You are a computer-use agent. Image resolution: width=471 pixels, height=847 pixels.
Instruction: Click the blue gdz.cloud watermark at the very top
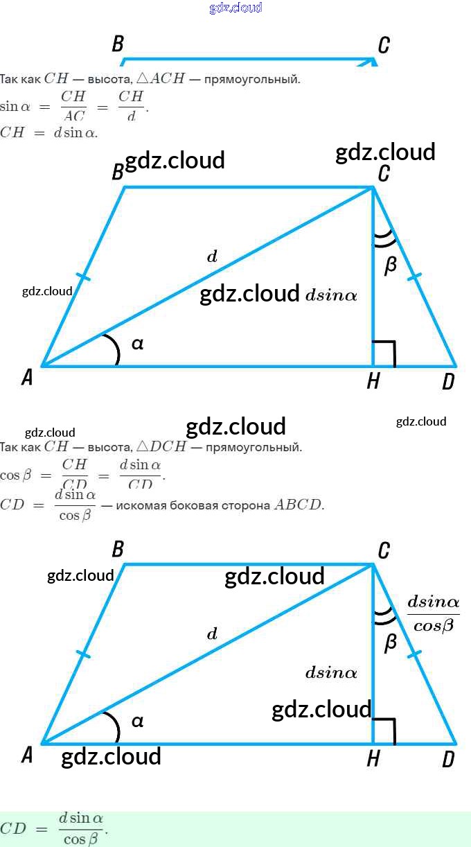[235, 8]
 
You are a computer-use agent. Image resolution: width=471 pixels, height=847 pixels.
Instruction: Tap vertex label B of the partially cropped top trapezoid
[118, 44]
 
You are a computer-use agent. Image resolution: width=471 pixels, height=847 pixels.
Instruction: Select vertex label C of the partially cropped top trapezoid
[384, 46]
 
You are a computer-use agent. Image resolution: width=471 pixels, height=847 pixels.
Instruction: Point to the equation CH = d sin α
[48, 132]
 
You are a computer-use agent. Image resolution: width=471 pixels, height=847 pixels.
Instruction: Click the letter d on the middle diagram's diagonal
[212, 257]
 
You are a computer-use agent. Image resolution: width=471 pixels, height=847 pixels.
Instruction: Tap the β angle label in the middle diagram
[391, 265]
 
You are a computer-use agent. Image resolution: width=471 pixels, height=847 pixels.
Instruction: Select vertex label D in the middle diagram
[448, 381]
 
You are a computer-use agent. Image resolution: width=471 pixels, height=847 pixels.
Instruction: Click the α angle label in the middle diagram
[137, 343]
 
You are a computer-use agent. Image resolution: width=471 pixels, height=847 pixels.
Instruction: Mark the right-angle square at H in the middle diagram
[384, 353]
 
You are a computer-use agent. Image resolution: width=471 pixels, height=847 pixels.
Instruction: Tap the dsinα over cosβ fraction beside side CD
[433, 613]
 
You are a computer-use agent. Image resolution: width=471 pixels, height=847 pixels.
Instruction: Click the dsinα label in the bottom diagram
[331, 672]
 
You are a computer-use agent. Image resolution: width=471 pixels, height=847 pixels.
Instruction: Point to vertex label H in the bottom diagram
[373, 759]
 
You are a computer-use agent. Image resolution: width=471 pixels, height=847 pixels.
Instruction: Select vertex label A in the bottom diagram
[27, 755]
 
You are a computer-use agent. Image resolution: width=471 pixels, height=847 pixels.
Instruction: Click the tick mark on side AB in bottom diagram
[83, 654]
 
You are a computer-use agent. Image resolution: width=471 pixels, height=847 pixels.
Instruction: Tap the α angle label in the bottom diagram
[137, 721]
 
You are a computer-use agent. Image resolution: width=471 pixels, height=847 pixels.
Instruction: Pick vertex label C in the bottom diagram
[384, 551]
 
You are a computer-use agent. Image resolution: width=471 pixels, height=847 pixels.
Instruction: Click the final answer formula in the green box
[55, 829]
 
